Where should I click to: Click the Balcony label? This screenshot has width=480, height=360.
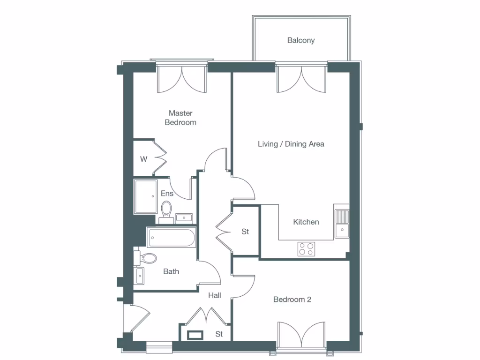click(x=301, y=40)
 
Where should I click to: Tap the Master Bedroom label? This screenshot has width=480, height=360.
click(x=180, y=118)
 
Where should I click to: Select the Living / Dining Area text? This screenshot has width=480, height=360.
click(x=291, y=144)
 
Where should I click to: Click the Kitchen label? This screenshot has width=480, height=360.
click(x=306, y=222)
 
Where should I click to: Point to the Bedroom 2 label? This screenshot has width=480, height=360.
click(x=292, y=300)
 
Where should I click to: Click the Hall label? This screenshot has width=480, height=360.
click(x=215, y=295)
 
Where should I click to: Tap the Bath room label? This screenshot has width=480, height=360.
click(x=171, y=271)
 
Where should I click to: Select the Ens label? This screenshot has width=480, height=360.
click(x=167, y=194)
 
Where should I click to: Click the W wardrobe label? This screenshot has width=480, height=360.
click(x=143, y=159)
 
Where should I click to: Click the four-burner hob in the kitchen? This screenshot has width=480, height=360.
click(x=307, y=249)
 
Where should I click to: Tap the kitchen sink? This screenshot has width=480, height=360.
click(x=342, y=222)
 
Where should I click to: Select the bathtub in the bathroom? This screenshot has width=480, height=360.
click(x=171, y=238)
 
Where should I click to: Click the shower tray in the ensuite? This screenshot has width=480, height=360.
click(x=146, y=196)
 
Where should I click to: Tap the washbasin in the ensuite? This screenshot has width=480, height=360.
click(x=184, y=217)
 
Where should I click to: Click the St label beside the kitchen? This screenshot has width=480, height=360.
click(x=245, y=232)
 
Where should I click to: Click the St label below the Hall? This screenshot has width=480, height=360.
click(x=219, y=334)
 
